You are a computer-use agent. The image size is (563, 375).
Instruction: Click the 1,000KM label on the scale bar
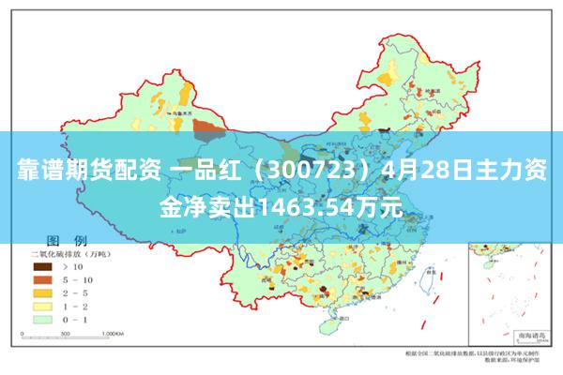(114, 332)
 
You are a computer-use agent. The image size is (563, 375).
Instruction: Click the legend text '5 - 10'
(76, 279)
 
